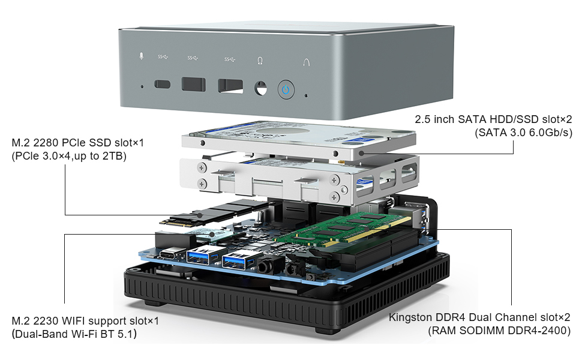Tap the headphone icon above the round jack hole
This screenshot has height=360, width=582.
tap(260, 60)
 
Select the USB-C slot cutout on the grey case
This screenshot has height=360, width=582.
tap(163, 84)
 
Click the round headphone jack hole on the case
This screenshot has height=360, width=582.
tap(260, 88)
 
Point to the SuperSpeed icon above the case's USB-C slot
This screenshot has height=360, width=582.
tap(163, 58)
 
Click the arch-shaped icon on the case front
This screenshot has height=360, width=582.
tap(307, 62)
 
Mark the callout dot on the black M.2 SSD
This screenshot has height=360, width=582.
tap(200, 214)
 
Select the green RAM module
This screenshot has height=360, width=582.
tap(336, 228)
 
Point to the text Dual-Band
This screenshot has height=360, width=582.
tap(38, 334)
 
